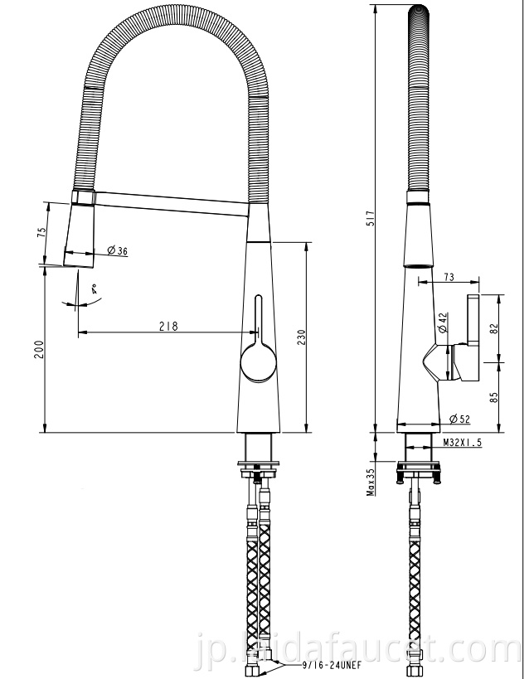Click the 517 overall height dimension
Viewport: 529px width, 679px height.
pyautogui.click(x=372, y=219)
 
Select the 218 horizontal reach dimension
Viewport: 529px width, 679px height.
pyautogui.click(x=168, y=327)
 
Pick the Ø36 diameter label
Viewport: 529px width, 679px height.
pyautogui.click(x=117, y=251)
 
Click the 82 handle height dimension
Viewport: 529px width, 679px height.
pyautogui.click(x=495, y=327)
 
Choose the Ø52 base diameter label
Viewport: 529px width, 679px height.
pyautogui.click(x=459, y=419)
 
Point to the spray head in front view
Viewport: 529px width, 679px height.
pyautogui.click(x=82, y=235)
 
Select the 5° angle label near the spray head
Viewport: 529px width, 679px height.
pyautogui.click(x=95, y=290)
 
